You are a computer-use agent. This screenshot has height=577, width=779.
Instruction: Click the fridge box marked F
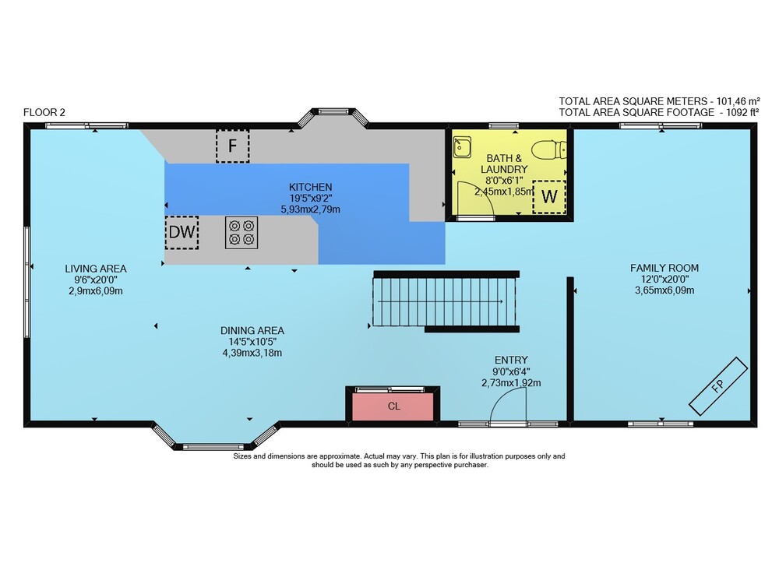pos(232,146)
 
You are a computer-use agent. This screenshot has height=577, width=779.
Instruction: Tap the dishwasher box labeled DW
pos(182,232)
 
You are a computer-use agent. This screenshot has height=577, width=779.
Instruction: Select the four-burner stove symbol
pos(241,232)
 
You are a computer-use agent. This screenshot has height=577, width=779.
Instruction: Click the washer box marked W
pos(549,197)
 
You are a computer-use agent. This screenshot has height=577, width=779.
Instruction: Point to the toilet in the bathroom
pos(549,149)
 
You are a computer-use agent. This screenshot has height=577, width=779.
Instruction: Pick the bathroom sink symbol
pos(462,147)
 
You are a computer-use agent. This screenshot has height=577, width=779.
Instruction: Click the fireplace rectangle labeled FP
pos(718,386)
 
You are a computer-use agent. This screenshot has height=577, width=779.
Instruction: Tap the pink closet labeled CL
pos(393,406)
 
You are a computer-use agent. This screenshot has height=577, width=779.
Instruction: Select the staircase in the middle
pos(444,301)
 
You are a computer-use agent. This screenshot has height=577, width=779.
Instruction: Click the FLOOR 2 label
pos(44,112)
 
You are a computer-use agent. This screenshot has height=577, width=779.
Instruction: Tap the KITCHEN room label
pos(311,187)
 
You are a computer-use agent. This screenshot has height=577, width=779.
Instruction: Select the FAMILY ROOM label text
pos(664,268)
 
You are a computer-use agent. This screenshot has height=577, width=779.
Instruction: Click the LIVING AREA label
pos(96,269)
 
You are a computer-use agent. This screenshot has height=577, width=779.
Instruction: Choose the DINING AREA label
pos(252,331)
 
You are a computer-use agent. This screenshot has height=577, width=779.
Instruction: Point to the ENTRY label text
pos(511,360)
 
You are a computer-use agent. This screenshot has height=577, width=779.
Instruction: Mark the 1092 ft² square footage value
pos(742,112)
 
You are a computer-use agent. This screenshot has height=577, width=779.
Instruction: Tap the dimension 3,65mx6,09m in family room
pos(664,290)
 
